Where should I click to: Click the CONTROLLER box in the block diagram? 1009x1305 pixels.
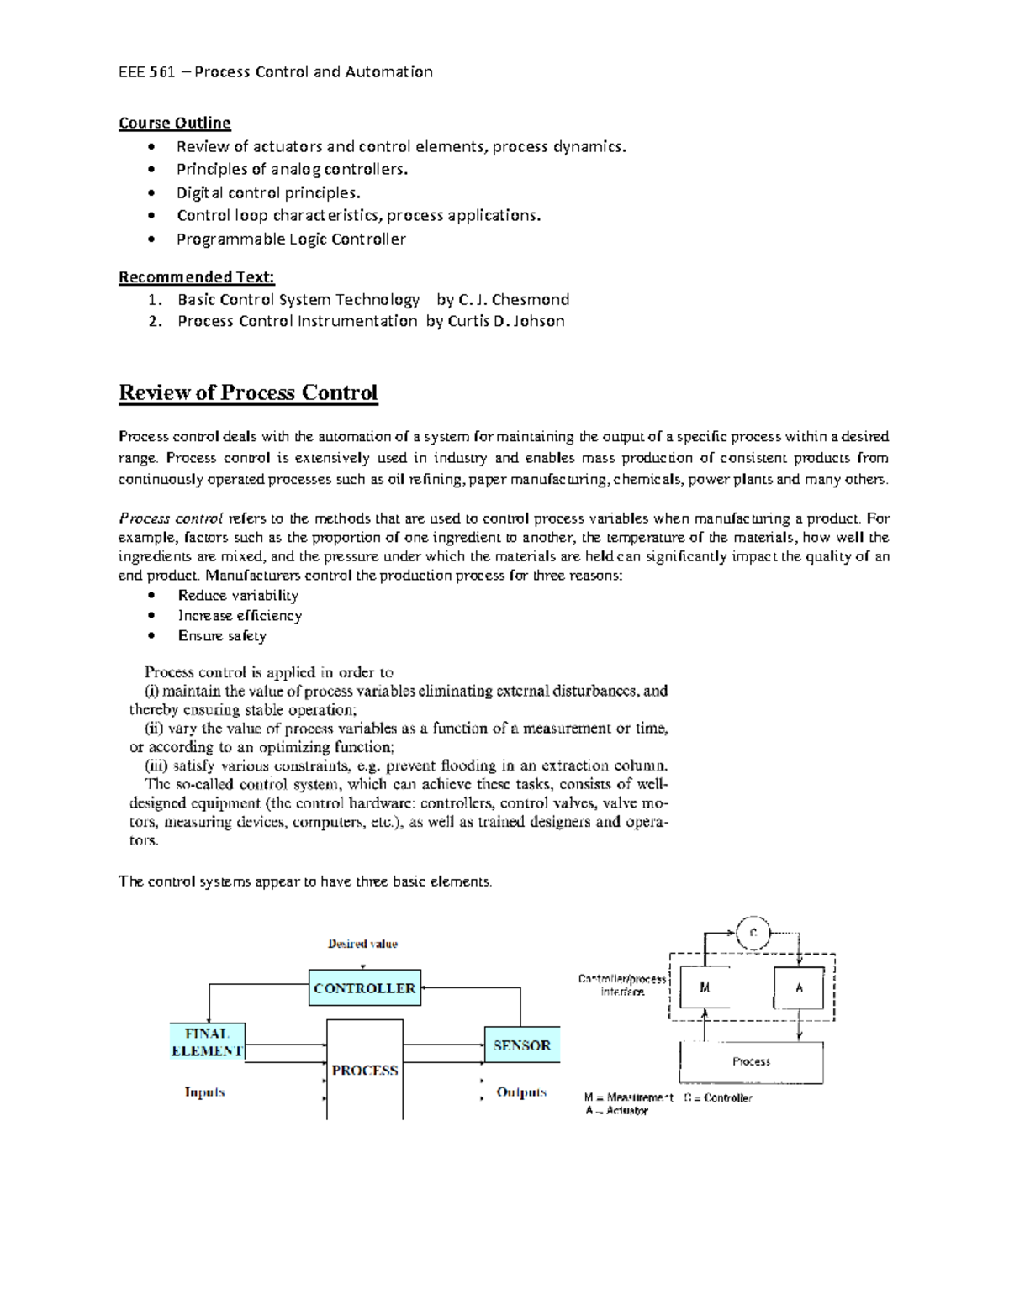click(364, 988)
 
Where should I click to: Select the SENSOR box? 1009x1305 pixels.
click(521, 1045)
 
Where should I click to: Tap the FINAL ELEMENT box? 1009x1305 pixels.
click(207, 1042)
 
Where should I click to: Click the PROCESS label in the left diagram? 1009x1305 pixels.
click(364, 1070)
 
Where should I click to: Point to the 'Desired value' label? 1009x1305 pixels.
click(362, 944)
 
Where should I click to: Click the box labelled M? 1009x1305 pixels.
click(705, 988)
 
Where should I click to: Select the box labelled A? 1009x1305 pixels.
click(799, 988)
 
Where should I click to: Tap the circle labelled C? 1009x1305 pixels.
click(753, 933)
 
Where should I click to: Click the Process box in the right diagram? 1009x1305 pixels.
click(751, 1062)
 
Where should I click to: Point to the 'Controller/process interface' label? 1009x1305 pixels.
click(622, 985)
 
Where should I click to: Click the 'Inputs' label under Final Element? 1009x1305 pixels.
click(204, 1092)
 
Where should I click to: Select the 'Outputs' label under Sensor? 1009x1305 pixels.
click(521, 1092)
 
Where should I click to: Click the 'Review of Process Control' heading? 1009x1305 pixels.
click(248, 393)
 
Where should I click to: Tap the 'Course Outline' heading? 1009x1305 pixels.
click(174, 123)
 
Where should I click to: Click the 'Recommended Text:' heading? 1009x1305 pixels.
click(196, 277)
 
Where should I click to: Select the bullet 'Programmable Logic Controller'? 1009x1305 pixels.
click(291, 239)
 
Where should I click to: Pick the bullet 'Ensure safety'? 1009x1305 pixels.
click(222, 636)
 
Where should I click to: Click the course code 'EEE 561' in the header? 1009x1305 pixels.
click(146, 72)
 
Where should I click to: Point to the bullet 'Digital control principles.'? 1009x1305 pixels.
click(268, 192)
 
